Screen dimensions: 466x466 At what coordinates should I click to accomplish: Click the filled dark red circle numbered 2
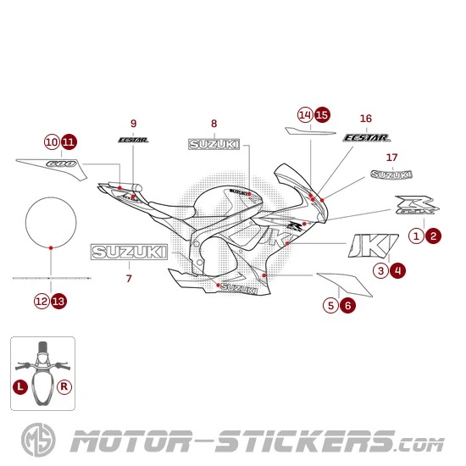click(x=433, y=236)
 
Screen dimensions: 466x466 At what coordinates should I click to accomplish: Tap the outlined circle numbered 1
click(x=417, y=236)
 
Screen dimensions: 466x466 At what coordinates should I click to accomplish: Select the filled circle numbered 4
click(x=397, y=270)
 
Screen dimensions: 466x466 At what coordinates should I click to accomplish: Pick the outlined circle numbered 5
click(x=331, y=305)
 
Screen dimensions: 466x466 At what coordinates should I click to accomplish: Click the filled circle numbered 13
click(x=58, y=300)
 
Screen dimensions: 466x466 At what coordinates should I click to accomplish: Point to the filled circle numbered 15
click(x=321, y=114)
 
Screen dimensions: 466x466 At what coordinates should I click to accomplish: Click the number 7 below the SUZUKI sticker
click(x=129, y=277)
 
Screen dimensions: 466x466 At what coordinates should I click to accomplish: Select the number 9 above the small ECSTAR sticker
click(x=133, y=123)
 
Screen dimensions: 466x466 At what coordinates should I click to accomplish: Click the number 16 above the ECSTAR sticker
click(x=366, y=118)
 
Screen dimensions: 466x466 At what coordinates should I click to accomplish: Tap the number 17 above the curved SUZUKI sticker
click(x=391, y=158)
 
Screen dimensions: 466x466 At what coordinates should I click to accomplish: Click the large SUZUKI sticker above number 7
click(x=129, y=252)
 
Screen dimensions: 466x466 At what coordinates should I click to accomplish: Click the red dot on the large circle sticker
click(x=52, y=247)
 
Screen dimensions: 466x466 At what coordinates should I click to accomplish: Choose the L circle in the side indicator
click(x=19, y=386)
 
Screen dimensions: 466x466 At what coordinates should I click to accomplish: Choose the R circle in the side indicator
click(x=64, y=386)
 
